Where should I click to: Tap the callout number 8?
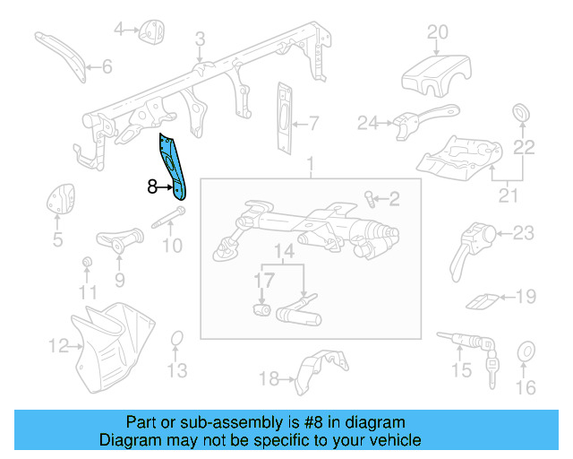pyautogui.click(x=151, y=187)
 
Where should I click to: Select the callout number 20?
pyautogui.click(x=437, y=32)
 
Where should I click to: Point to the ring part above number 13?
pyautogui.click(x=177, y=339)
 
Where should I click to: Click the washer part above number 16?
pyautogui.click(x=526, y=351)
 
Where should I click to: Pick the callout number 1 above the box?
pyautogui.click(x=311, y=166)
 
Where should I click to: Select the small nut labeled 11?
pyautogui.click(x=87, y=262)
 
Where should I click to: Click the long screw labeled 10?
pyautogui.click(x=169, y=218)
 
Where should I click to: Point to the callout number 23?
pyautogui.click(x=522, y=233)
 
